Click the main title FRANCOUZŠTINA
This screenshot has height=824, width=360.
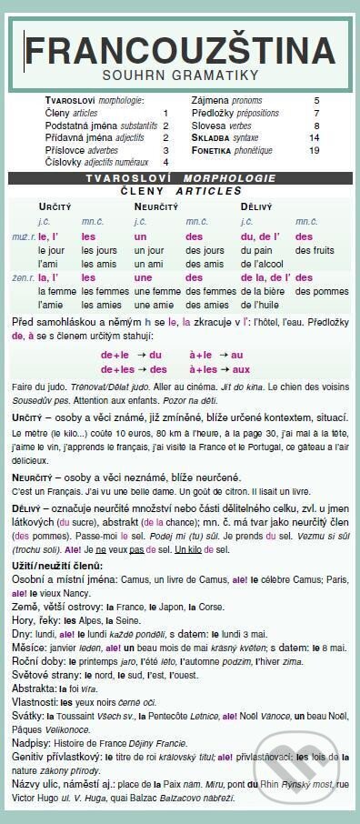coord(179,48)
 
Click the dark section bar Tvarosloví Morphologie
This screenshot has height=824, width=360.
coord(179,178)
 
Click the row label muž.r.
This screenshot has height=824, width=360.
coord(25,235)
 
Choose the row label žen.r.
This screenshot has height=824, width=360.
coord(25,277)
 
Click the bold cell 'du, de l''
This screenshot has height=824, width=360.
coord(260,235)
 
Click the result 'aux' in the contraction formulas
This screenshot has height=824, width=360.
coord(241,369)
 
